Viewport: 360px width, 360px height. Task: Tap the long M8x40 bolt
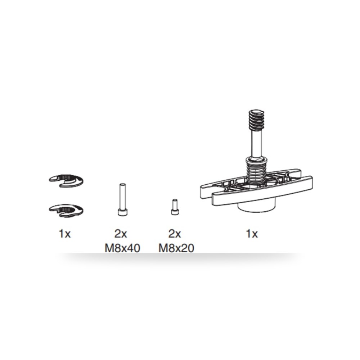click(x=122, y=199)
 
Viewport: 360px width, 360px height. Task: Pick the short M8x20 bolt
click(x=175, y=207)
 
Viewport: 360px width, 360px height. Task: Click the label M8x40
click(x=122, y=248)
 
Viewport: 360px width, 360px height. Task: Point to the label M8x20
click(x=176, y=248)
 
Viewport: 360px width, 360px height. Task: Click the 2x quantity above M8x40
click(x=121, y=234)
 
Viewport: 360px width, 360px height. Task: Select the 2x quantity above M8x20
click(x=175, y=234)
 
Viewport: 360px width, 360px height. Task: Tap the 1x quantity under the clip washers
click(x=65, y=234)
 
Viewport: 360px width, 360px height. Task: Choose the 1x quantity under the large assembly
click(x=252, y=234)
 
